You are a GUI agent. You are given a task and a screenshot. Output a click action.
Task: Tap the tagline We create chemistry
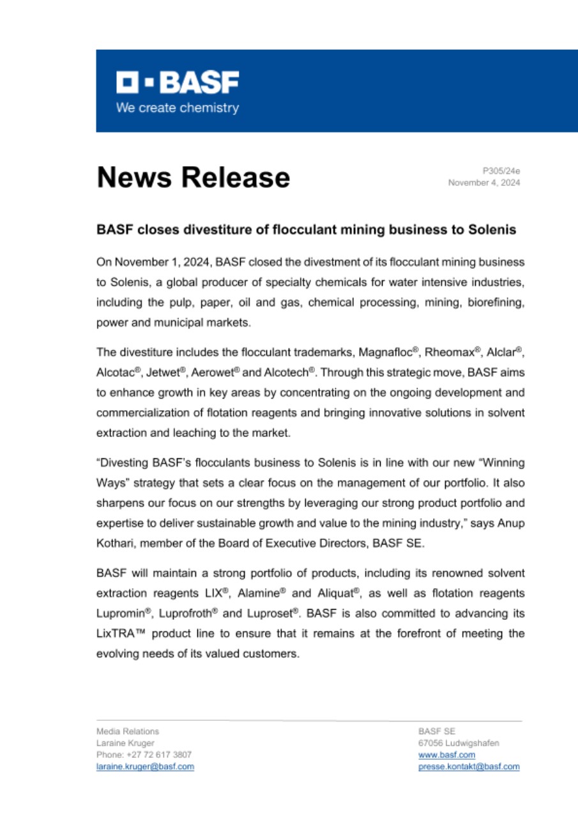pyautogui.click(x=178, y=108)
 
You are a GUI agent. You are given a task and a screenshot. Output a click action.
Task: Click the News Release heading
pyautogui.click(x=193, y=177)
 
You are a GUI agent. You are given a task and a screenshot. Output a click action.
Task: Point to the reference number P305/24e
pyautogui.click(x=501, y=171)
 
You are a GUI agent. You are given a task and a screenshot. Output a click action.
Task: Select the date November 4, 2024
pyautogui.click(x=484, y=183)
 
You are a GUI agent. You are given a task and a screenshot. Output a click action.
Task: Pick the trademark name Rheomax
pyautogui.click(x=450, y=351)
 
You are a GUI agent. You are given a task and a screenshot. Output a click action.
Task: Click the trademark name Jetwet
pyautogui.click(x=169, y=371)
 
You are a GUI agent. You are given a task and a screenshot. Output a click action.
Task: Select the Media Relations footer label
pyautogui.click(x=128, y=731)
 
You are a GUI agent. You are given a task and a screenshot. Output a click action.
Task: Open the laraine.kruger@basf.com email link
pyautogui.click(x=145, y=766)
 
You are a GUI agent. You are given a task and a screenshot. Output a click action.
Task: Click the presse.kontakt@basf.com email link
pyautogui.click(x=468, y=766)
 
